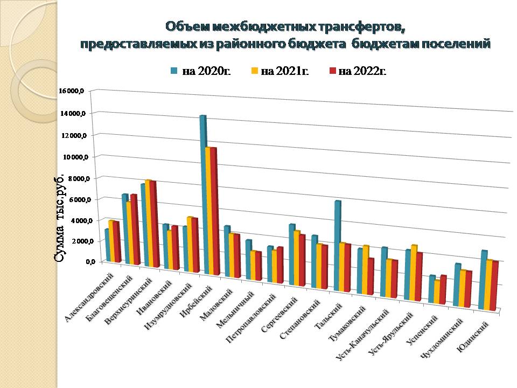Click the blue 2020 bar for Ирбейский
pyautogui.click(x=202, y=194)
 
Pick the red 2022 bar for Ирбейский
pyautogui.click(x=214, y=210)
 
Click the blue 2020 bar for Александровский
pyautogui.click(x=107, y=245)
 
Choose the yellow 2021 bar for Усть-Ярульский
pyautogui.click(x=413, y=273)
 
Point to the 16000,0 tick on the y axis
pyautogui.click(x=72, y=91)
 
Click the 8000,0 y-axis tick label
pyautogui.click(x=74, y=178)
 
